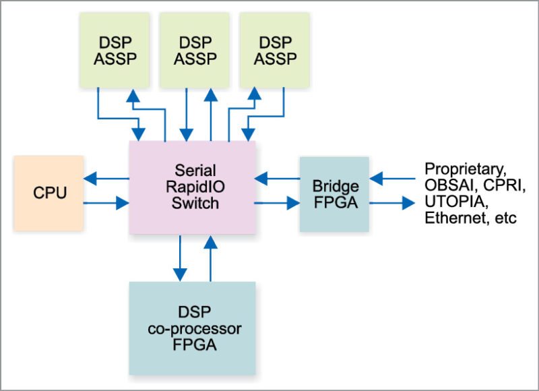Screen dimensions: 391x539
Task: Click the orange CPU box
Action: (49, 193)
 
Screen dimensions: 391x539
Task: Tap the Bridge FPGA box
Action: (334, 193)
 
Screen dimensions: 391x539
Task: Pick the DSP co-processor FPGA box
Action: (192, 328)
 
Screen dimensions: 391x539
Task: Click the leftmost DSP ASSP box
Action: (117, 50)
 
